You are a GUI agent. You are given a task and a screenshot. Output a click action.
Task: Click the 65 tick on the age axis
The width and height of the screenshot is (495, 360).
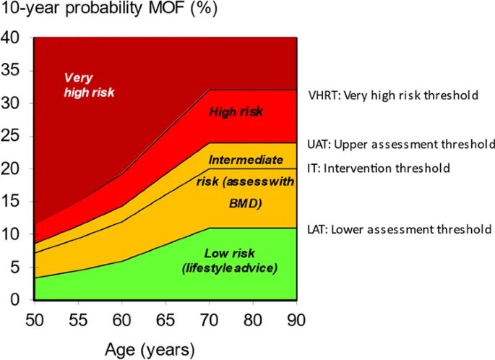click(166, 319)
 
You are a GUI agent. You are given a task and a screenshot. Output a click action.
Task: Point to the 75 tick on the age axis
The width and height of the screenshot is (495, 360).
click(253, 319)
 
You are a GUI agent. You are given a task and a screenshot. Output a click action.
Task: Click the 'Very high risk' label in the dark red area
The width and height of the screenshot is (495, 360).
click(89, 85)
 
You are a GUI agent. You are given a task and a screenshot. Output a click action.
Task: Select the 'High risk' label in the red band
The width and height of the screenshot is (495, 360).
click(236, 112)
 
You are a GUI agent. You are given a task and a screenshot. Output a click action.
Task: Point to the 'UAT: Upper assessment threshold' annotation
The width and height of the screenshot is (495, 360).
click(400, 143)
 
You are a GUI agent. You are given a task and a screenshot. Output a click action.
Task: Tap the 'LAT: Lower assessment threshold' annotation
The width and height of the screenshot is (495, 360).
click(400, 230)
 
